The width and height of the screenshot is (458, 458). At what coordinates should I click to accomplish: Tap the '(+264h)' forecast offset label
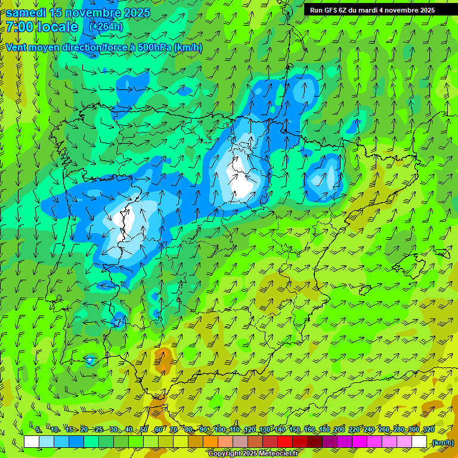point(106,27)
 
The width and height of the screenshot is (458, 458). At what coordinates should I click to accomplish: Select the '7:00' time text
point(19,27)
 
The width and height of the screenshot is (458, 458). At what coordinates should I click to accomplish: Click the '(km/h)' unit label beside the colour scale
point(442,442)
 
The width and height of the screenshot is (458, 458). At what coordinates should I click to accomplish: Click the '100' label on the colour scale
point(220,430)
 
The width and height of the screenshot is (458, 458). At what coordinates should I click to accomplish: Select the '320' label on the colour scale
point(428,430)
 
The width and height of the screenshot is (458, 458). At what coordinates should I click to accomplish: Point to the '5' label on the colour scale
point(38,430)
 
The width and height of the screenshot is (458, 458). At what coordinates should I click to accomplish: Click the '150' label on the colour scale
point(295,430)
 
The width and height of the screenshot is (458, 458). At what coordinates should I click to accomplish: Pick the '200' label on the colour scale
point(339,430)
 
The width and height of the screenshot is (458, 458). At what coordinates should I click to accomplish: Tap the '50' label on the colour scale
point(144,430)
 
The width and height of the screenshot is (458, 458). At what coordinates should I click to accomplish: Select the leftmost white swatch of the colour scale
point(32,442)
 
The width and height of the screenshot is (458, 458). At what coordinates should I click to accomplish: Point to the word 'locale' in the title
point(57,27)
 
